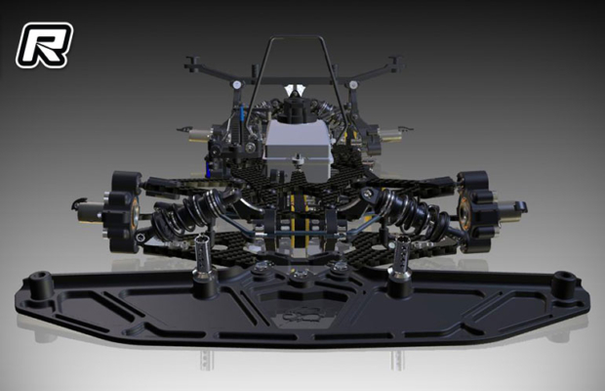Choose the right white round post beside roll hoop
(x=356, y=85)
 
